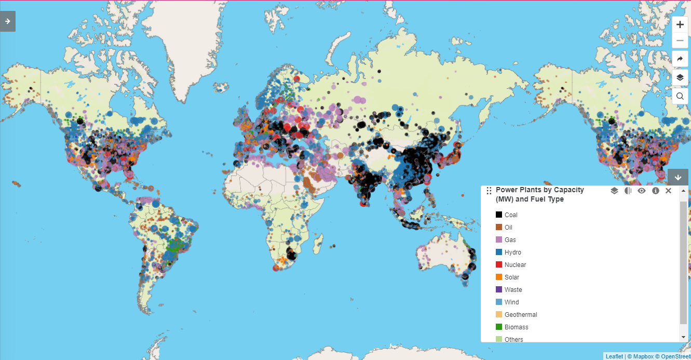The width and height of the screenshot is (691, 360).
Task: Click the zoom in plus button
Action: click(680, 24)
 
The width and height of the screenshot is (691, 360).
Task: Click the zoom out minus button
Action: click(680, 41)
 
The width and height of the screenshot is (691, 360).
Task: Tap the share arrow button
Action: click(680, 59)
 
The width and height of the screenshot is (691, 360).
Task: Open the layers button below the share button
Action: click(680, 77)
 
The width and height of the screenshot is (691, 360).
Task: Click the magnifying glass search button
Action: click(680, 96)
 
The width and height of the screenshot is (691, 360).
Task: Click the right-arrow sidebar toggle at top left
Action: click(8, 21)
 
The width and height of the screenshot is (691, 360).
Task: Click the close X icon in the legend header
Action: click(668, 191)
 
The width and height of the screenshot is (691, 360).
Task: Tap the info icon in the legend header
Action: click(655, 191)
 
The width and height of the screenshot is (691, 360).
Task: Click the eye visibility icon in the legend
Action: click(642, 191)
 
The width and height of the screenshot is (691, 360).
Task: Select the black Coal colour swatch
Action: click(499, 215)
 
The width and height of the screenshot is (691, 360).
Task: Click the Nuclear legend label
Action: click(515, 265)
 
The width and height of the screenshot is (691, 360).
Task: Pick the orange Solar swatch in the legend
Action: click(499, 277)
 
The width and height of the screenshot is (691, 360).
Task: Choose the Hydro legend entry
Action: click(512, 252)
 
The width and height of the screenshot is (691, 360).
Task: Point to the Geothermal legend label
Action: click(521, 315)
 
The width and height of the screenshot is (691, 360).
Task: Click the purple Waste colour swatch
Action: click(499, 290)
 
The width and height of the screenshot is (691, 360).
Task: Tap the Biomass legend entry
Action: click(516, 327)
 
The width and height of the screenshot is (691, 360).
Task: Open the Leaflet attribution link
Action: click(614, 356)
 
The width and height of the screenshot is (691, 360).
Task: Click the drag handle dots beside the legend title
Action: click(489, 191)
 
